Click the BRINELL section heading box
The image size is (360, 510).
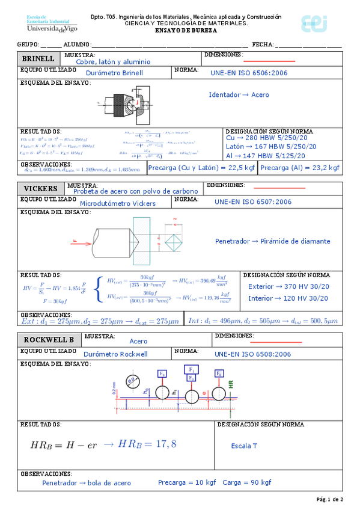click(x=38, y=59)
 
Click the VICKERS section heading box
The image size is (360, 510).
click(x=40, y=188)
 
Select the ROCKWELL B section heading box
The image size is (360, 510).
click(x=47, y=339)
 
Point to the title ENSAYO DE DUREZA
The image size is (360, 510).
click(x=186, y=30)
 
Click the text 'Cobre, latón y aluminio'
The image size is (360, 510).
click(x=113, y=61)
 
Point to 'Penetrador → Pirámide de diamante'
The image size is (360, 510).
click(x=272, y=241)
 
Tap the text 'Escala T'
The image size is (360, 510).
click(x=244, y=446)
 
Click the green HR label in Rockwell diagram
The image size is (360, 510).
click(x=230, y=382)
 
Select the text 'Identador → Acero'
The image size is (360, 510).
click(x=239, y=95)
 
